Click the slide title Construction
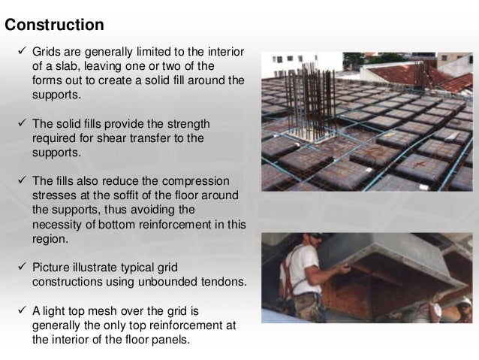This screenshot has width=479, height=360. click(x=54, y=25)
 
